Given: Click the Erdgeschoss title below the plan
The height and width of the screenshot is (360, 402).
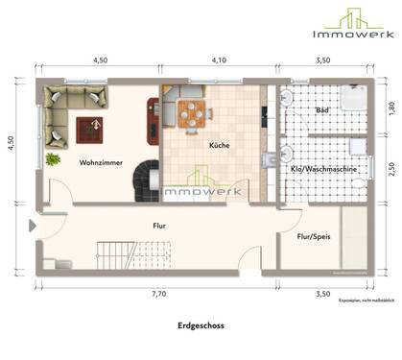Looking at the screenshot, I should tap(201, 325).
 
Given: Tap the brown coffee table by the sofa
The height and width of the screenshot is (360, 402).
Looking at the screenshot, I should tap(91, 126).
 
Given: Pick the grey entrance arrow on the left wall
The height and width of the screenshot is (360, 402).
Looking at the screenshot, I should tap(34, 227).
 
